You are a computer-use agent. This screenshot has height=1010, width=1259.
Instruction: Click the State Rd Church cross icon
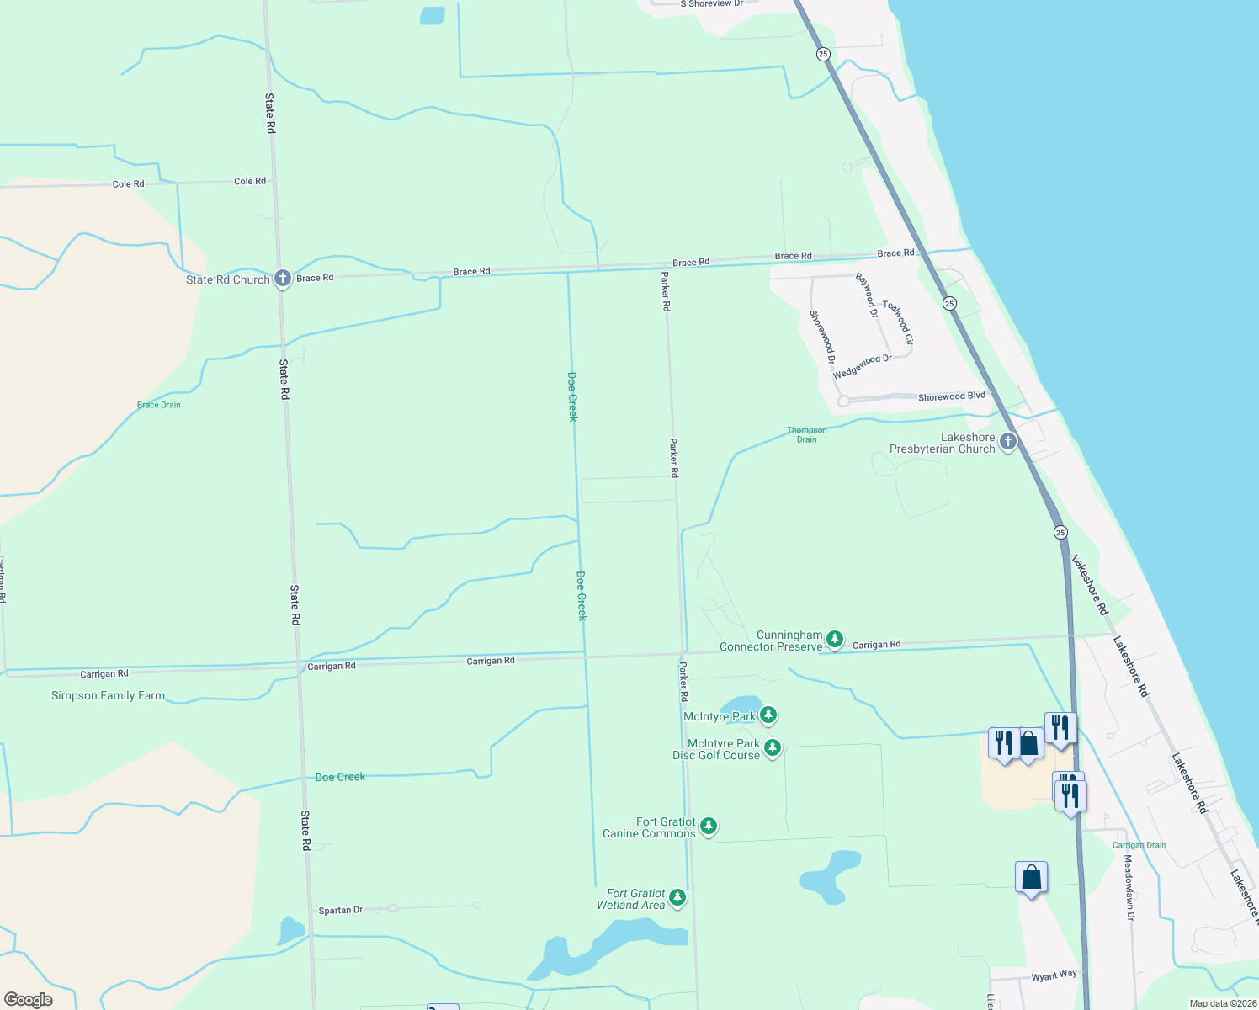coord(283,279)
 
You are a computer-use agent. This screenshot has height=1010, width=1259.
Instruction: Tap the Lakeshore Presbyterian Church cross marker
coord(1008,442)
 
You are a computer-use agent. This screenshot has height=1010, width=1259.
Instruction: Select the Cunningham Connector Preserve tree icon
coord(834,640)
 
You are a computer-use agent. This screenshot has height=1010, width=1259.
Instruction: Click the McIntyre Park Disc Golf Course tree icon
coord(773,747)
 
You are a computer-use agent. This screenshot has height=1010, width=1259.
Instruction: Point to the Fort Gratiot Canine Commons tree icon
coord(709,827)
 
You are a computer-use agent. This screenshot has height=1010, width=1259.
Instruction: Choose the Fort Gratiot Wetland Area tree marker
coord(677,898)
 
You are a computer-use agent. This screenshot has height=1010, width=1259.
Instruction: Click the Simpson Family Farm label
coord(108,696)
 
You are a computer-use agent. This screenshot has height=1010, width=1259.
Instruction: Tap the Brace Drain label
coord(159,405)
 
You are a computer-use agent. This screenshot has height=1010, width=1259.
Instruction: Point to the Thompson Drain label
coord(806,434)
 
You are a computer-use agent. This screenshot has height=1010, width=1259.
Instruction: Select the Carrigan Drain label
coord(1139,845)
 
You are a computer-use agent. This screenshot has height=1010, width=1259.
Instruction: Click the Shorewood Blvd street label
coord(951,396)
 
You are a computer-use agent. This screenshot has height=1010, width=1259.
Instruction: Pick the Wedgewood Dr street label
coord(863,366)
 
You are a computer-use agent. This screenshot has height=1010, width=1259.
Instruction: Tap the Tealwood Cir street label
coord(898,323)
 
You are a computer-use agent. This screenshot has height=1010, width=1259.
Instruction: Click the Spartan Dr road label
coord(341,911)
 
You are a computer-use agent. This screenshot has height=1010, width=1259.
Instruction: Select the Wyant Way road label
coord(1054,975)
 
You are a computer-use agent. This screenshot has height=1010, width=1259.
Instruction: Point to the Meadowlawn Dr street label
coord(1129,888)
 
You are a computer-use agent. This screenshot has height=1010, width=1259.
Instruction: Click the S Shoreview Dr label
coord(712,4)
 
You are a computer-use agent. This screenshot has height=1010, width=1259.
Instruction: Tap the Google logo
coord(28,1000)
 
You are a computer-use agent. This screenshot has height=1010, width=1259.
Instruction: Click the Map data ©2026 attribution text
coord(1223,1003)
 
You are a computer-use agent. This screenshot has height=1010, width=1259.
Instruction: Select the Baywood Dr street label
coord(867,295)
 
